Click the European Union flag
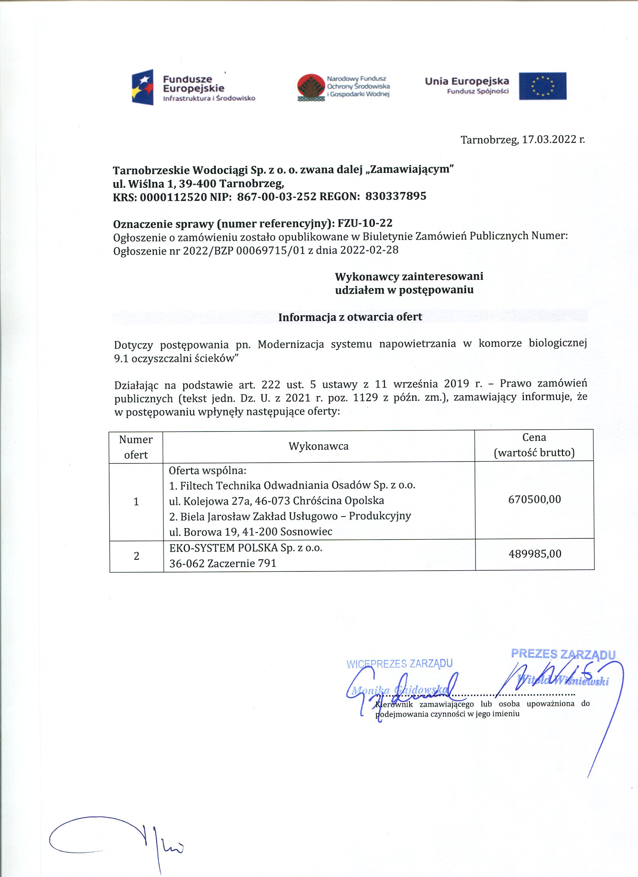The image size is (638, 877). click(x=542, y=86)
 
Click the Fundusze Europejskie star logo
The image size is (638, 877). click(x=143, y=87)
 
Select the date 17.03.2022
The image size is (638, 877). click(x=549, y=139)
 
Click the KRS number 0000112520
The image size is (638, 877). click(x=173, y=197)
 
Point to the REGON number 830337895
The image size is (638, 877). click(x=396, y=196)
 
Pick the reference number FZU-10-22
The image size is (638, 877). click(x=365, y=223)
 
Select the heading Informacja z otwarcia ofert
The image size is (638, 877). click(x=350, y=317)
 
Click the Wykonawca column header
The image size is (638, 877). click(x=318, y=446)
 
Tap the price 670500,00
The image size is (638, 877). click(x=534, y=499)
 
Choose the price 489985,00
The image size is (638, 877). click(x=535, y=554)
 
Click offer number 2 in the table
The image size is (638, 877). click(x=136, y=556)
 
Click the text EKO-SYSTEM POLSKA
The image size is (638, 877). click(x=223, y=548)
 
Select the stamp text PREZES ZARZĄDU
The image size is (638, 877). click(x=563, y=654)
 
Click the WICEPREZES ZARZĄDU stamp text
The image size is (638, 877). click(x=399, y=664)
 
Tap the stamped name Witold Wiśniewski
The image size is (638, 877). click(x=563, y=680)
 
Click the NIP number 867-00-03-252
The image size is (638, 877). click(x=277, y=197)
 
